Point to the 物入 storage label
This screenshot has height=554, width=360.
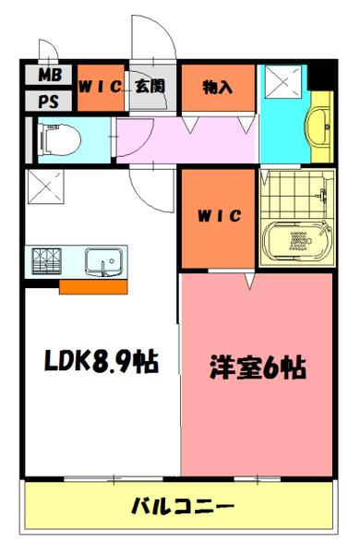click(217, 87)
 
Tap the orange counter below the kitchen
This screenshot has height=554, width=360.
click(93, 286)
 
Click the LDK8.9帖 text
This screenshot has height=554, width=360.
click(100, 361)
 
